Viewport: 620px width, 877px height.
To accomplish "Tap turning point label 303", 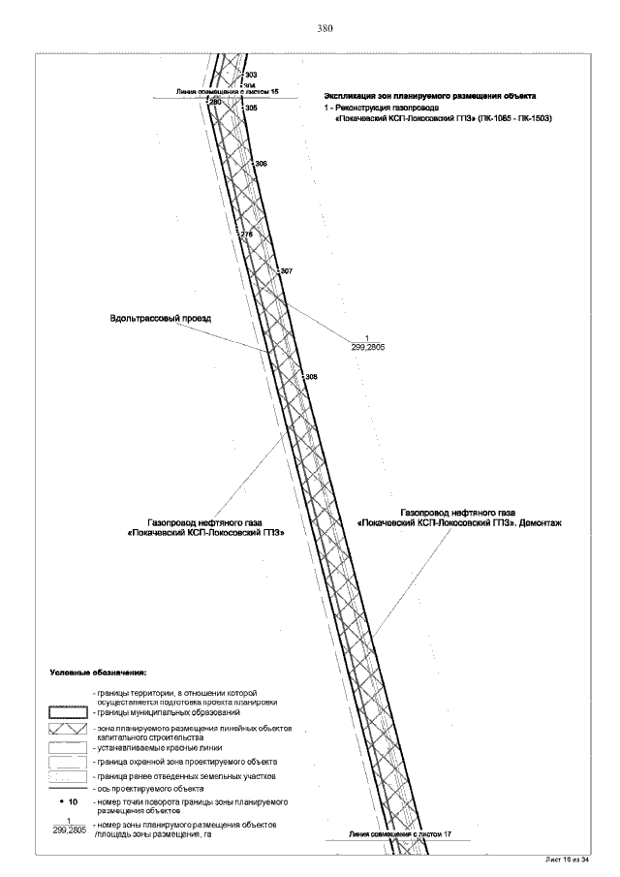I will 251,75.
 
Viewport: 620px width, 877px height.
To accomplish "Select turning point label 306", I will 260,165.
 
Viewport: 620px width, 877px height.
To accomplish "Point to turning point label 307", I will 286,271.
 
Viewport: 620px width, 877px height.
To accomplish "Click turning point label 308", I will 311,376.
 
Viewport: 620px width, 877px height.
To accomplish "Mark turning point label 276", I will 245,235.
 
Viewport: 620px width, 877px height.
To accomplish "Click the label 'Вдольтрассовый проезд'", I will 160,319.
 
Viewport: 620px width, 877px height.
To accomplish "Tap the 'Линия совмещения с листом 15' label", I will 227,91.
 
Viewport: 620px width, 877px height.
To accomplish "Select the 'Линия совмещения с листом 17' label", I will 400,833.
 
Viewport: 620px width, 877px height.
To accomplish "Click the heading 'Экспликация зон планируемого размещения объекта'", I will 430,96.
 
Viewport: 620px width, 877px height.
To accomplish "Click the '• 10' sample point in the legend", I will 68,803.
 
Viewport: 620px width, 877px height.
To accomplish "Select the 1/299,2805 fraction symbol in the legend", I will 68,827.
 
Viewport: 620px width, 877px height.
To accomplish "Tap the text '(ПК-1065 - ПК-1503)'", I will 513,117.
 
